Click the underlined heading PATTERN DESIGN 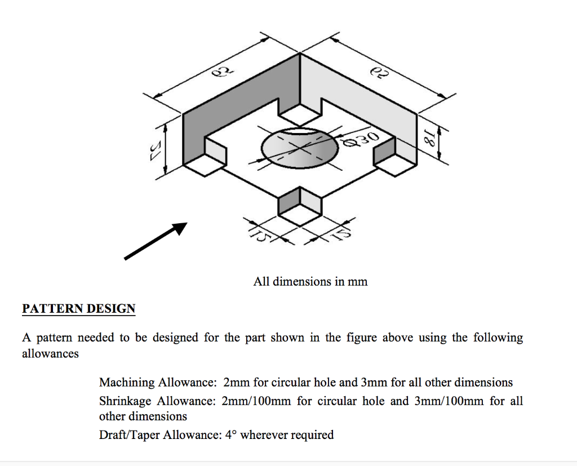click(78, 309)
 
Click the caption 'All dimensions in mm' click(310, 281)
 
